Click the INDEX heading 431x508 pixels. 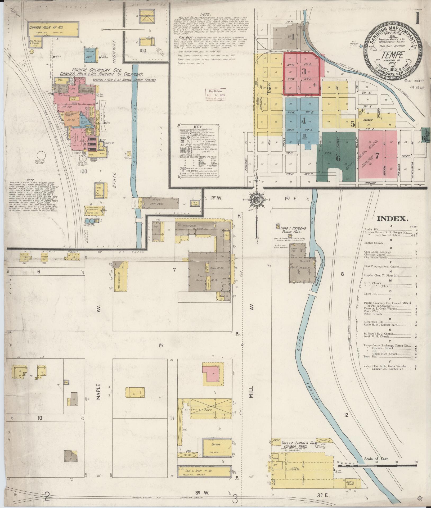tap(393, 219)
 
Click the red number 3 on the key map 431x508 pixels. tap(304, 71)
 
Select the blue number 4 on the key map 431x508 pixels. tap(303, 121)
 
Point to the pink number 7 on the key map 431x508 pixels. tap(377, 156)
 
